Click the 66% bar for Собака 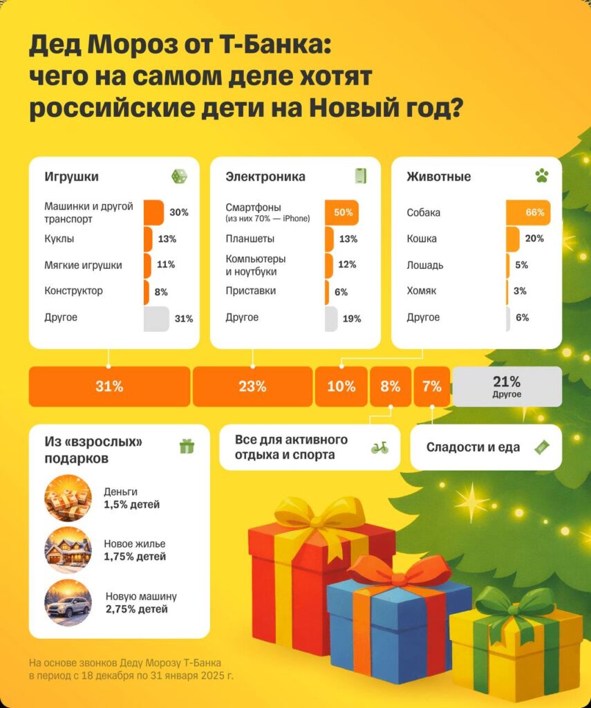pyautogui.click(x=528, y=213)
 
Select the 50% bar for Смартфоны pyautogui.click(x=342, y=213)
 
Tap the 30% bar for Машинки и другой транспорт pyautogui.click(x=154, y=213)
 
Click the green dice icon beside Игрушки pyautogui.click(x=179, y=176)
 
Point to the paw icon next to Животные pyautogui.click(x=541, y=176)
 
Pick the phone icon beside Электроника pyautogui.click(x=360, y=176)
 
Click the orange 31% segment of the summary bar pyautogui.click(x=109, y=386)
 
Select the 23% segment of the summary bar pyautogui.click(x=252, y=386)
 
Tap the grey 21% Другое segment pyautogui.click(x=507, y=386)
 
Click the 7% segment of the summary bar pyautogui.click(x=432, y=386)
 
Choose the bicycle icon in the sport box pyautogui.click(x=379, y=448)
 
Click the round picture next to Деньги pyautogui.click(x=68, y=497)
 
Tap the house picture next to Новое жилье pyautogui.click(x=68, y=550)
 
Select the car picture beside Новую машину pyautogui.click(x=68, y=603)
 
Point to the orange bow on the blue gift pyautogui.click(x=399, y=571)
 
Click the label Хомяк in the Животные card pyautogui.click(x=422, y=291)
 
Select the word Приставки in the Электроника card pyautogui.click(x=250, y=291)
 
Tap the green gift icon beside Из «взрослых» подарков pyautogui.click(x=187, y=447)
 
